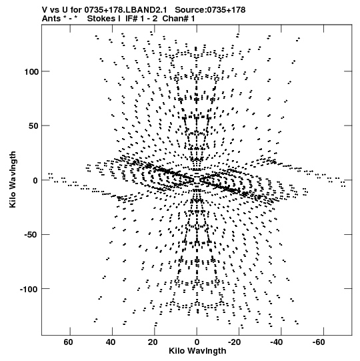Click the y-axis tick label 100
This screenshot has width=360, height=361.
pos(31,72)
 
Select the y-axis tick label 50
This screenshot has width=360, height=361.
pos(33,126)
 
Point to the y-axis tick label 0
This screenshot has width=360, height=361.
pos(35,180)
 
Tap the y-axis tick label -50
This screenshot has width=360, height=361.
pos(31,235)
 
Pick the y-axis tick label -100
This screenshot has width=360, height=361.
pos(29,289)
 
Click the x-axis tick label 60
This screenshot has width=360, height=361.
pos(69,342)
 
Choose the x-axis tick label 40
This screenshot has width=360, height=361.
pos(111,342)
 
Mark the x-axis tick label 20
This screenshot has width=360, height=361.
pos(153,342)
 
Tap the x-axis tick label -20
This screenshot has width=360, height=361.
pos(235,342)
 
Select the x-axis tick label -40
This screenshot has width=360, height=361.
pos(277,342)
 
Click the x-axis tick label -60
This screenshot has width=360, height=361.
pos(319,342)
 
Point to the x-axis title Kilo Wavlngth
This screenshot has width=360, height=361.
pos(197,351)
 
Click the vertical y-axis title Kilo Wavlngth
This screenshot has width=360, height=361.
pos(13,179)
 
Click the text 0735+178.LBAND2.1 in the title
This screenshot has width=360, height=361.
pos(126,10)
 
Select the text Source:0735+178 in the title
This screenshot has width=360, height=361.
pos(210,10)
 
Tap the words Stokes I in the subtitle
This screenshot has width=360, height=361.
pos(104,19)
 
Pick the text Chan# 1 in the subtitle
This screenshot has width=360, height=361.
pos(179,19)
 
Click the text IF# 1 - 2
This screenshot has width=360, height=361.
pos(141,19)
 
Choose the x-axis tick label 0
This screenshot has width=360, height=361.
pos(197,342)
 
